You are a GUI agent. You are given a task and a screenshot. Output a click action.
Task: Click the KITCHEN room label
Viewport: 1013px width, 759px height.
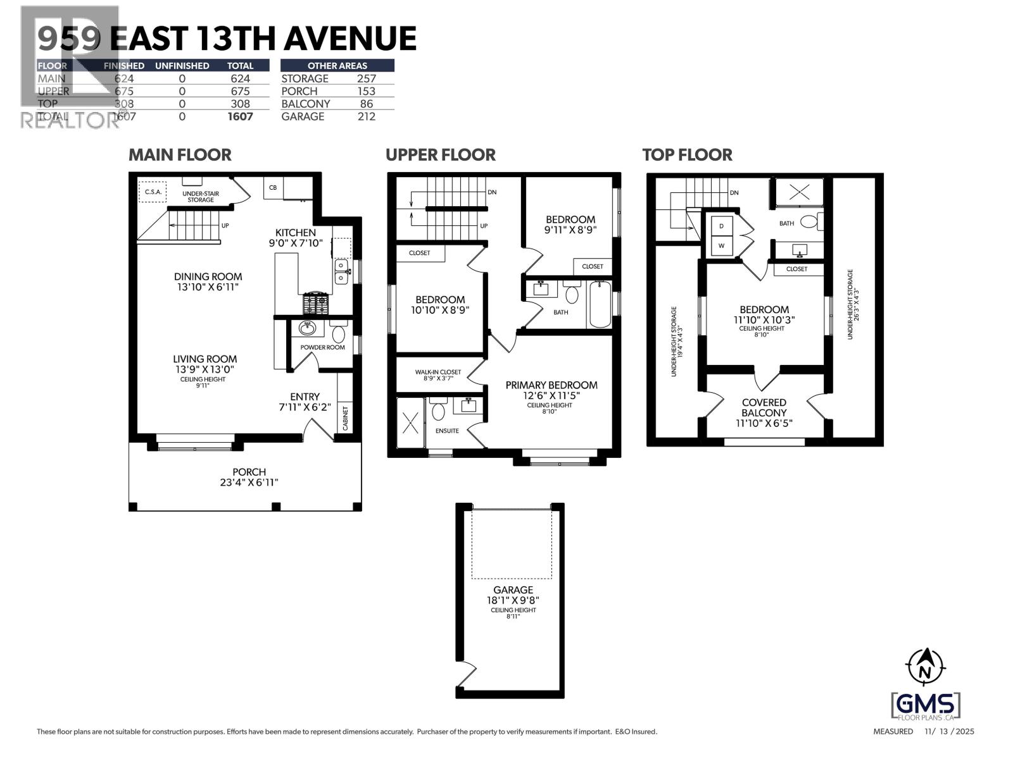coord(295,233)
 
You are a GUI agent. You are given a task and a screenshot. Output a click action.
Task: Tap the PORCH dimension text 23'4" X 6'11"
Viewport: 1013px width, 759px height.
coord(249,483)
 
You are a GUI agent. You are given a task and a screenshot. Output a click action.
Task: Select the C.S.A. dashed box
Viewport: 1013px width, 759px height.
coord(152,191)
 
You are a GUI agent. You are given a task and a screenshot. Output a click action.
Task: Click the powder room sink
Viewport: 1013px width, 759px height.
coord(308,328)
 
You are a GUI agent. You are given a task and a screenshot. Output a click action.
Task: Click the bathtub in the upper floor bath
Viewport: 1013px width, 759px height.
coord(599,304)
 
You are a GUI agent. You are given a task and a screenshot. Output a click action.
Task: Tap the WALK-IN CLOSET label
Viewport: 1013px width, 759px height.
coord(438,373)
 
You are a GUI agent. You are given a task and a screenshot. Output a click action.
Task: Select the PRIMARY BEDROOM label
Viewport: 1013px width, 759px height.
coord(551,385)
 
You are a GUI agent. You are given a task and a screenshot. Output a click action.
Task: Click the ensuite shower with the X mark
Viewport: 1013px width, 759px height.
coord(410,422)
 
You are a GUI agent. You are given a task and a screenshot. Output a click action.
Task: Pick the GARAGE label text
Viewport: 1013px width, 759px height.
coord(513,590)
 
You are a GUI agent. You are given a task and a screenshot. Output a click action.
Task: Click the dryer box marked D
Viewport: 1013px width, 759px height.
coord(721,226)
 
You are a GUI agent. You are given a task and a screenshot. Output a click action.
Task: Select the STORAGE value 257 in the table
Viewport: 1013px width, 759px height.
coord(366,78)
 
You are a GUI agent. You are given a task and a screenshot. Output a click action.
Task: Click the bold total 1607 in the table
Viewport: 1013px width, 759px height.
coord(240,116)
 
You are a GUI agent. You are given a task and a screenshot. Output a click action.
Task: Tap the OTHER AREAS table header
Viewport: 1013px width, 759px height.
coord(337,65)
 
